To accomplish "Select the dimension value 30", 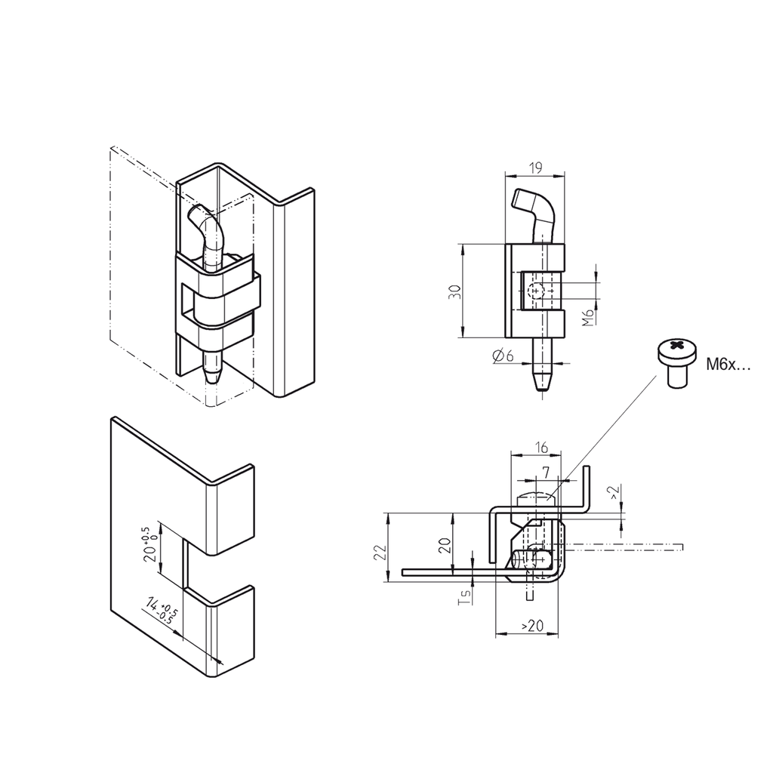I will (x=454, y=291).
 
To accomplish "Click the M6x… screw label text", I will (x=728, y=365).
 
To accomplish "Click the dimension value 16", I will (x=541, y=447).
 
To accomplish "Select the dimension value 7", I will (x=545, y=472).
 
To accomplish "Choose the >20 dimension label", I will (x=533, y=626).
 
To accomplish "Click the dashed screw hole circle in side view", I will (x=536, y=291).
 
